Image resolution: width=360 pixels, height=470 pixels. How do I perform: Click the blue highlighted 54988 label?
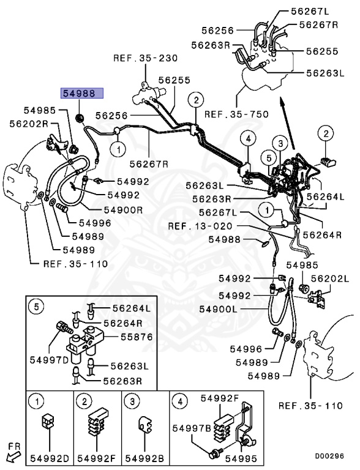(x=81, y=94)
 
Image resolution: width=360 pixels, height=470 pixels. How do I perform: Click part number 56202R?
(x=29, y=123)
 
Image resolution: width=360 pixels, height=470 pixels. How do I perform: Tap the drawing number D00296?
(x=329, y=456)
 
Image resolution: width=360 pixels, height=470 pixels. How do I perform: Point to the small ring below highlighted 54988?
(x=78, y=116)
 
